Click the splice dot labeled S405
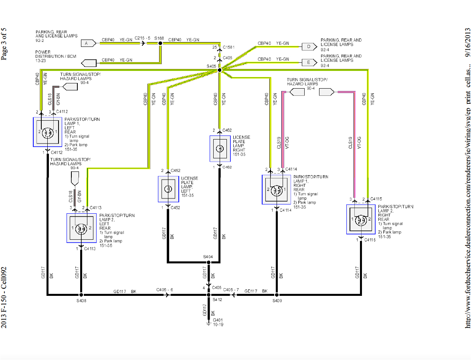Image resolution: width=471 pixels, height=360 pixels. point(219,70)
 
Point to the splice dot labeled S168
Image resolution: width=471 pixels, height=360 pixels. point(160,42)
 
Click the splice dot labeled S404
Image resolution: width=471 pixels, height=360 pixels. point(208,263)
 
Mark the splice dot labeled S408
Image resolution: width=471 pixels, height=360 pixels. point(81,295)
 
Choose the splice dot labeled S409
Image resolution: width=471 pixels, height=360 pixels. point(288,295)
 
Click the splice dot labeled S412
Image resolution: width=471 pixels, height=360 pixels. point(208,295)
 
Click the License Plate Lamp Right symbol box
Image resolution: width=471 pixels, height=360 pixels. point(220,149)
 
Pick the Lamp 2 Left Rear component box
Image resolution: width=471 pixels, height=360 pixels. point(81,228)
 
